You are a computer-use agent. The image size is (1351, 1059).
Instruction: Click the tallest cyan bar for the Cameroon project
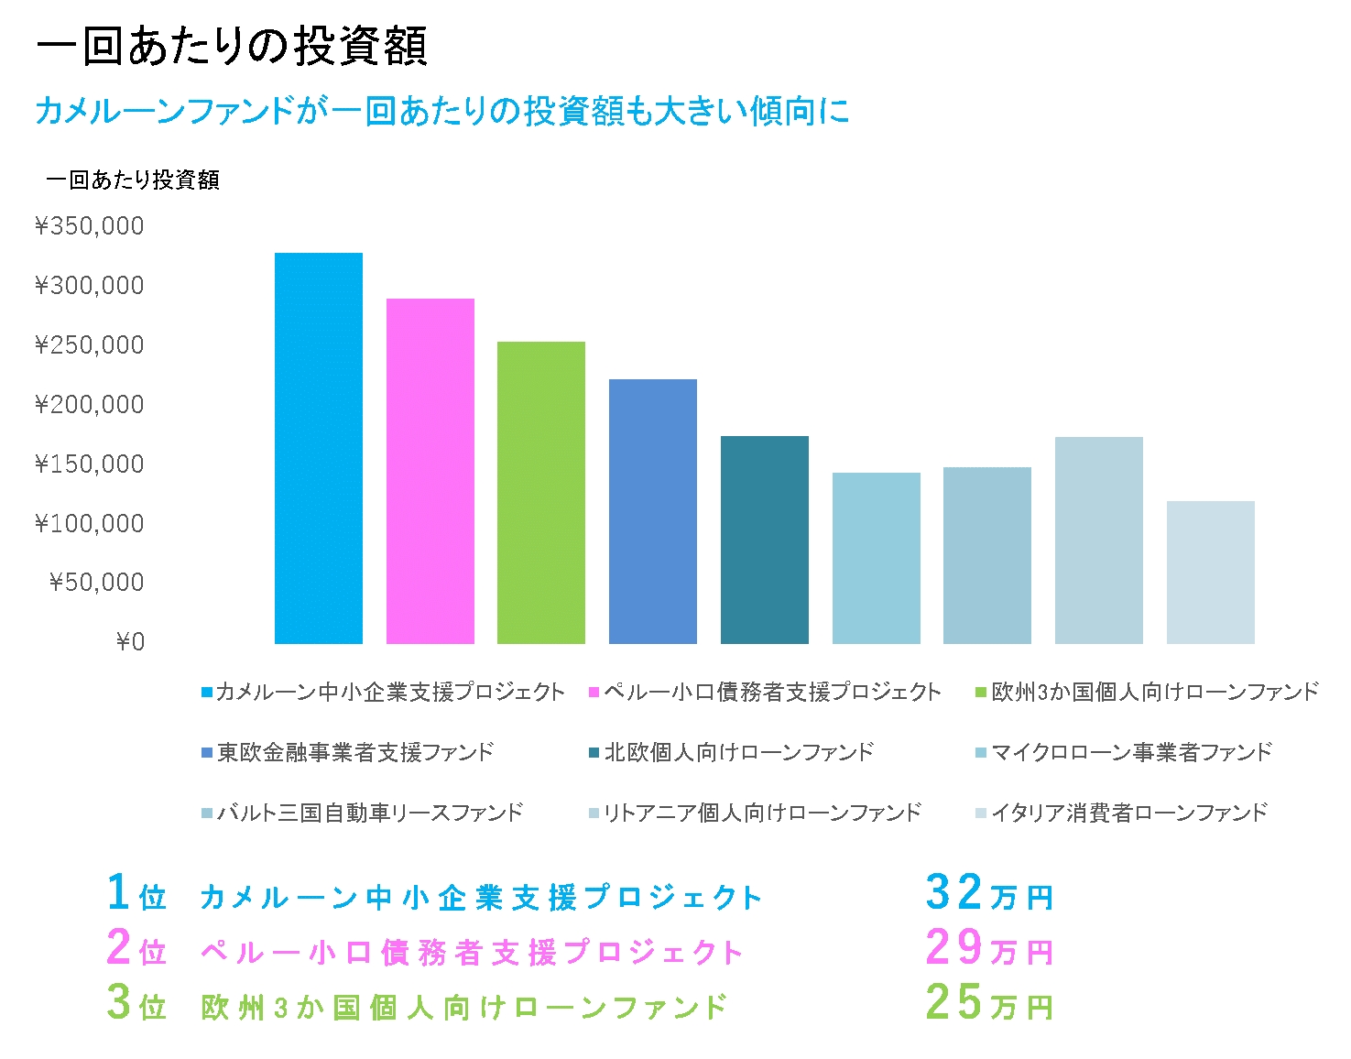click(319, 448)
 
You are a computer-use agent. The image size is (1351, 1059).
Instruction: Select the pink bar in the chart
click(430, 471)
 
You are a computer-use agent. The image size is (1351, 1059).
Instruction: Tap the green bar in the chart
click(541, 492)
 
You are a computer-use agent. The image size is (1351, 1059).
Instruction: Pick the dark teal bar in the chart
click(765, 540)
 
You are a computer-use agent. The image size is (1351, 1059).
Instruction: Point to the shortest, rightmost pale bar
click(1211, 573)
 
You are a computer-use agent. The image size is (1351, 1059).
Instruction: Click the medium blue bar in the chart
click(653, 511)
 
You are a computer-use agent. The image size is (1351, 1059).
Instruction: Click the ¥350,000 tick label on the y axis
click(90, 226)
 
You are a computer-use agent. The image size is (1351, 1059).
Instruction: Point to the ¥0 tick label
click(130, 642)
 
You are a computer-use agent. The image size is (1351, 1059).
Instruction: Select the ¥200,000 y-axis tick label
click(90, 405)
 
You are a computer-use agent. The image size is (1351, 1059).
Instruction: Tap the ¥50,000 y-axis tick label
click(97, 583)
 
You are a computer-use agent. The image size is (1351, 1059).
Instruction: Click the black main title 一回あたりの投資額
click(232, 46)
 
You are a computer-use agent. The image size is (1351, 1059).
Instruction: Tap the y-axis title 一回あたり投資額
click(133, 180)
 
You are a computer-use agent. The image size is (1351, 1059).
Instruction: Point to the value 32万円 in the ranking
click(989, 893)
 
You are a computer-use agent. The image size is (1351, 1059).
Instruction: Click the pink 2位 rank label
click(136, 948)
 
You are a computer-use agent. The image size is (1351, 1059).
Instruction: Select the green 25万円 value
click(989, 1003)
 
